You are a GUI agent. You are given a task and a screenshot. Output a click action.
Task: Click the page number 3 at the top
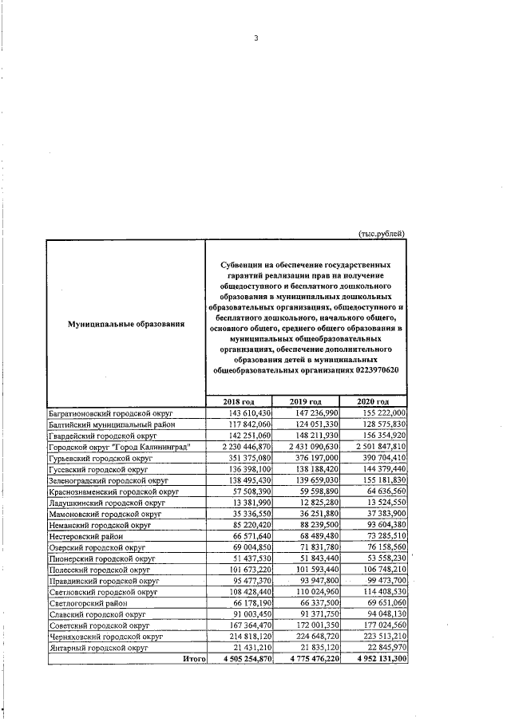pos(256,37)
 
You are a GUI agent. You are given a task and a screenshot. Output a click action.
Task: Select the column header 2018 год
pos(239,401)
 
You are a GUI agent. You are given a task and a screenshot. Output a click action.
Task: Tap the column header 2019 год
pos(306,401)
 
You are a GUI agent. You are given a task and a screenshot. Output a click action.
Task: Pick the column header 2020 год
pos(373,401)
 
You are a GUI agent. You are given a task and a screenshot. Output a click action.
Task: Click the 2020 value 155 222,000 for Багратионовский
pos(381,413)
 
